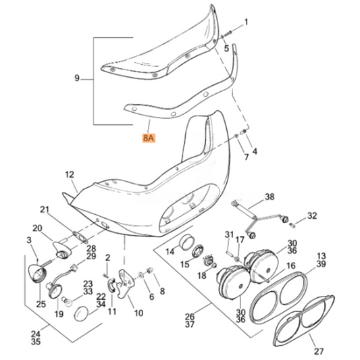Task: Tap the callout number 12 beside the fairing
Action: click(70, 174)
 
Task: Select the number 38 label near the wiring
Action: click(269, 197)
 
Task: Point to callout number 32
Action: click(311, 215)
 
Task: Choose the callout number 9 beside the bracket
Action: click(76, 78)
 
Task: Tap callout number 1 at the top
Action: click(246, 22)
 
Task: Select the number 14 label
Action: click(170, 251)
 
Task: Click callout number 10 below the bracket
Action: click(138, 313)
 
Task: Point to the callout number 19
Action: click(59, 314)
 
